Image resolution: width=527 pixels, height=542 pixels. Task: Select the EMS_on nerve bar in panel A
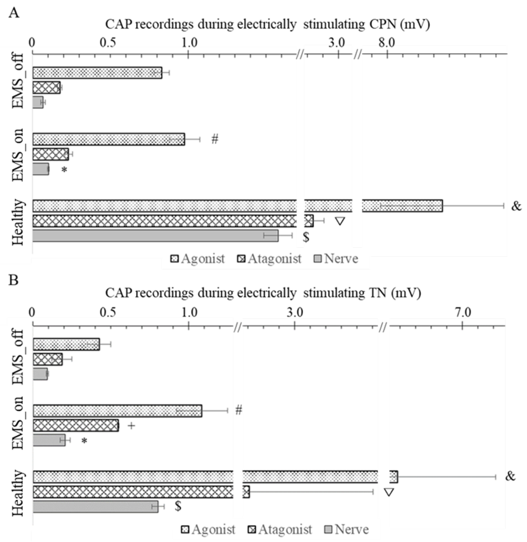pos(41,169)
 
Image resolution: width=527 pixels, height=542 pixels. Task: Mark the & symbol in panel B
pos(510,476)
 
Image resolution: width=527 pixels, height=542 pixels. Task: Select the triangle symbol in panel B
pos(389,492)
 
